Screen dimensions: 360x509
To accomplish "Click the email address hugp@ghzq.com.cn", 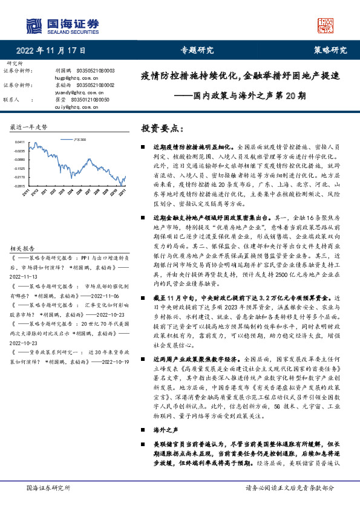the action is pyautogui.click(x=76, y=78).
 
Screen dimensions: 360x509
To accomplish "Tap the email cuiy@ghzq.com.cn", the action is pyautogui.click(x=76, y=106).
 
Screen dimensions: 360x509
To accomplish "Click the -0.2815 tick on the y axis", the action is pyautogui.click(x=21, y=186).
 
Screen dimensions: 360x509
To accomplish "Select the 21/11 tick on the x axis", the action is pyautogui.click(x=27, y=192).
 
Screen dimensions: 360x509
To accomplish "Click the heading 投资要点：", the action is pyautogui.click(x=161, y=128).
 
